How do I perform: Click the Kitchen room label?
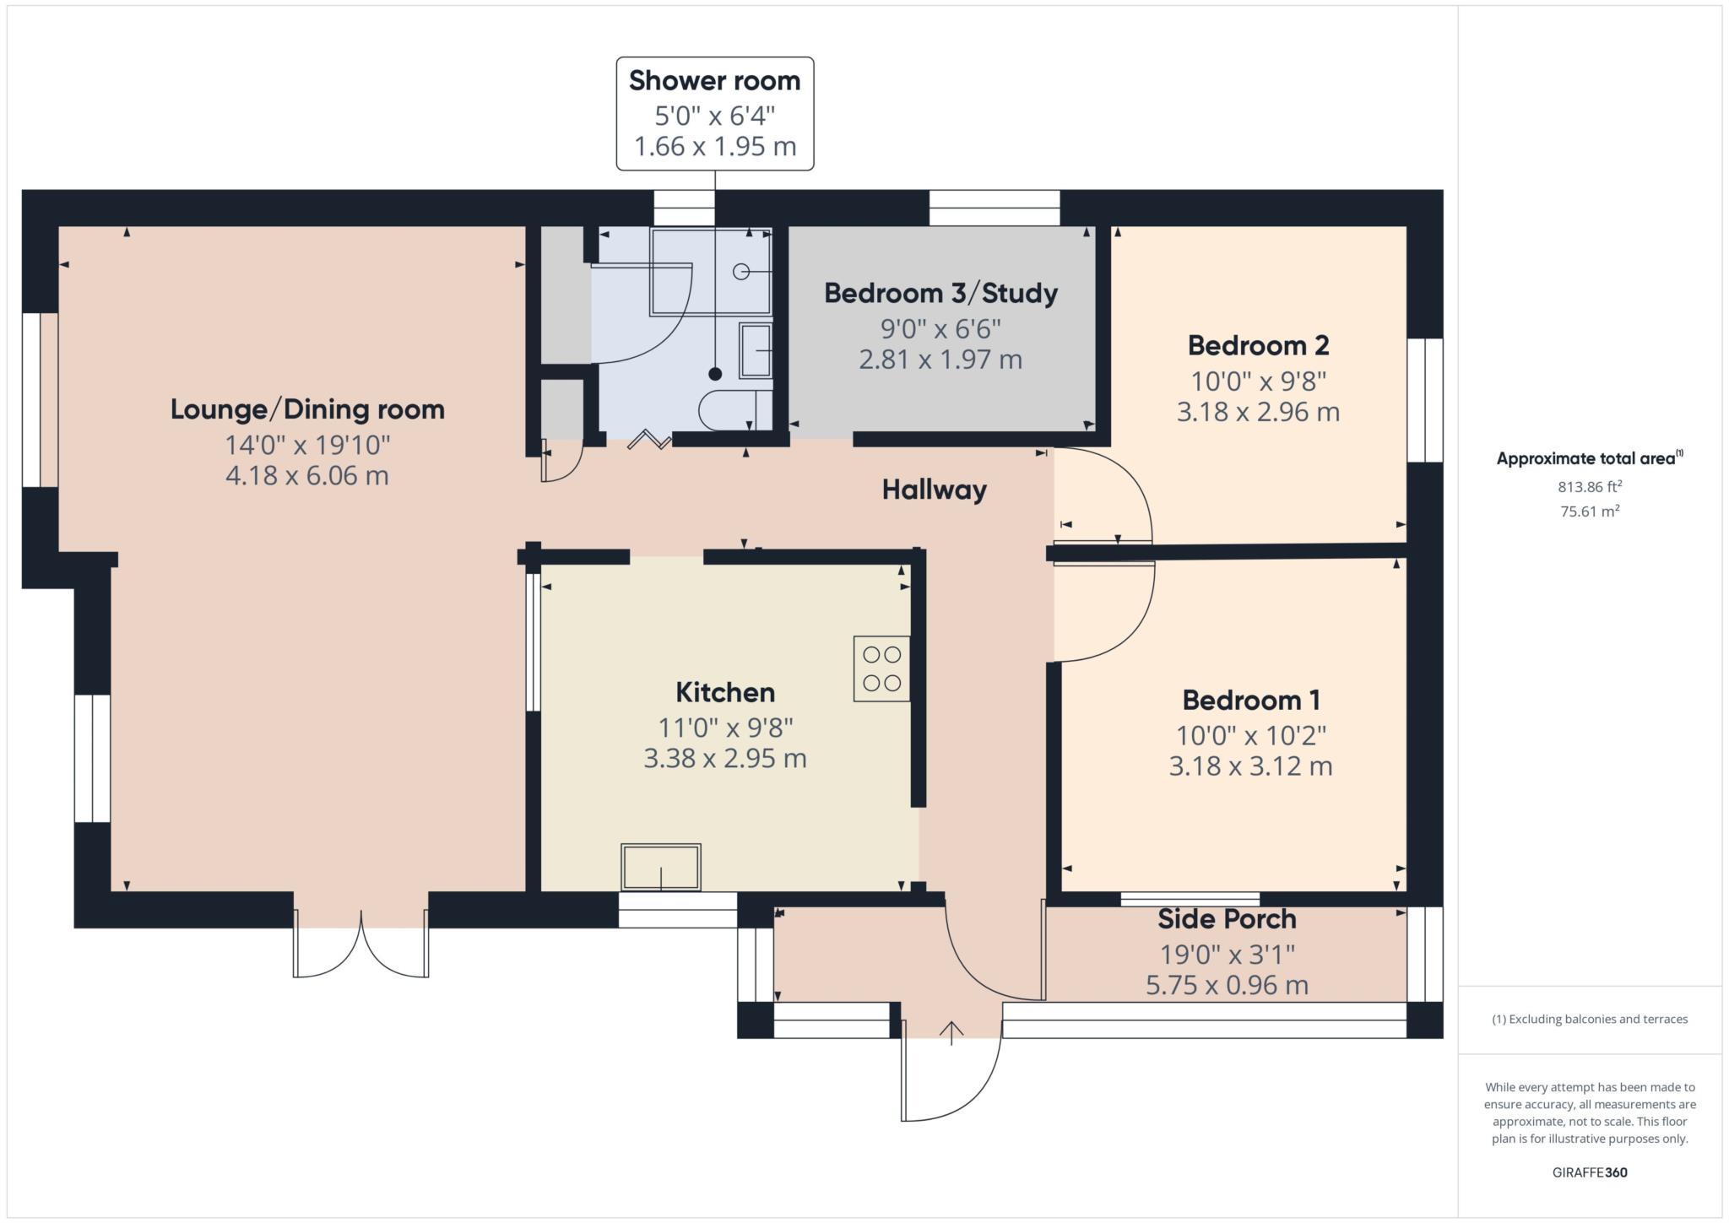[x=725, y=692]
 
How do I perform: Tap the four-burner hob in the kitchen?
[x=881, y=668]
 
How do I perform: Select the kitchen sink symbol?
[x=661, y=867]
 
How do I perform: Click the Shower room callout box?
[x=714, y=113]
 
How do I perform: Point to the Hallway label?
[x=934, y=490]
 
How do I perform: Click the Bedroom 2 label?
[x=1258, y=345]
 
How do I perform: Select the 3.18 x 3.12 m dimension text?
[x=1250, y=766]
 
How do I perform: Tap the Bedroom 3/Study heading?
[x=940, y=293]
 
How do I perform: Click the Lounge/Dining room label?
[x=307, y=409]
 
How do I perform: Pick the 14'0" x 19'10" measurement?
[x=307, y=444]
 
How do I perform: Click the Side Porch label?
[x=1227, y=918]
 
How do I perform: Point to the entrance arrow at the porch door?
[x=951, y=1032]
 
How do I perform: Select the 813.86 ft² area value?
[x=1590, y=486]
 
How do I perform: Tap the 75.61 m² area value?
[x=1590, y=511]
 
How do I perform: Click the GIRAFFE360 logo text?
[x=1590, y=1172]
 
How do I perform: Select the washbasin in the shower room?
[x=756, y=350]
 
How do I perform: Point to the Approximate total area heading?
[x=1590, y=458]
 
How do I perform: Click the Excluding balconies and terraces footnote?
[x=1590, y=1019]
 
